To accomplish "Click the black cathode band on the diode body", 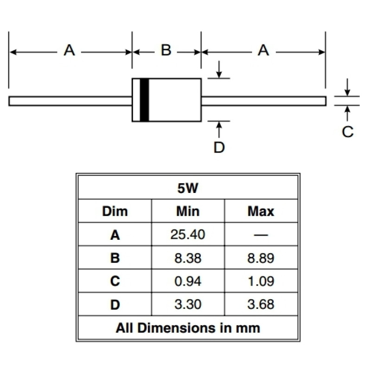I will coord(144,100).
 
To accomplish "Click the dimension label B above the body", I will coord(166,50).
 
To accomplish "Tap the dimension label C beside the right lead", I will coord(347,132).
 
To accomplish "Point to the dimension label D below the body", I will coord(219,147).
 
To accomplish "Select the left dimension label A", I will coord(69,50).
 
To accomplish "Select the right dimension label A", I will coord(263,50).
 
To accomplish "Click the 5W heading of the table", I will coord(188,188).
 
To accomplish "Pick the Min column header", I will coord(188,211).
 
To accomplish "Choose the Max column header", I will coord(261,211).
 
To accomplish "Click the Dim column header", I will coord(115,211).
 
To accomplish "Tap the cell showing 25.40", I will coord(188,235).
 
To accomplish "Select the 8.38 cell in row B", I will coord(188,258).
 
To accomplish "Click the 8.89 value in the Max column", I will coord(261,258).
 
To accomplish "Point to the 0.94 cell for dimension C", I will coord(188,281).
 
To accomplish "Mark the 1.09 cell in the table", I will coord(261,281).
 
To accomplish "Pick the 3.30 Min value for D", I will coord(188,304).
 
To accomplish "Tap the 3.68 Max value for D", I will coord(261,304).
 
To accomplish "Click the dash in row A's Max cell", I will coord(261,235).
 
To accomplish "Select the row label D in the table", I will coord(115,305).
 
